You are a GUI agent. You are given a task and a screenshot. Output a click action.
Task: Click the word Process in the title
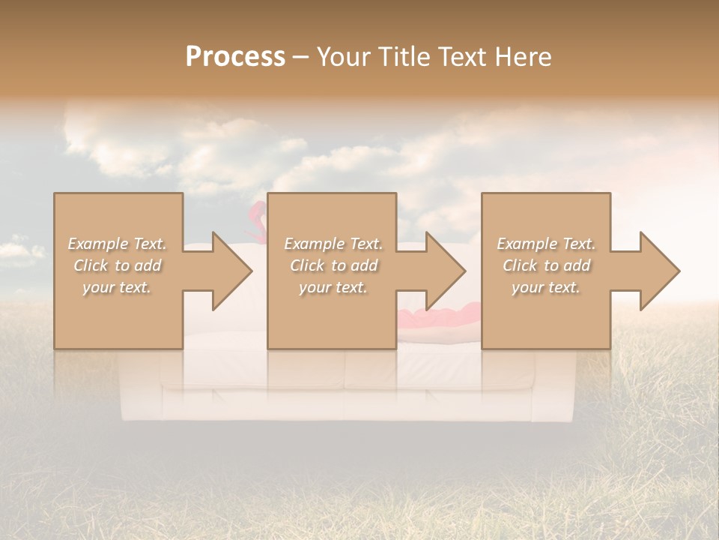(235, 57)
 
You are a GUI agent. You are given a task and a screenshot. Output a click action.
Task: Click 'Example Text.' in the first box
(117, 244)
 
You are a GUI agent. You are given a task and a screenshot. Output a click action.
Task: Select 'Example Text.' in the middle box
(333, 244)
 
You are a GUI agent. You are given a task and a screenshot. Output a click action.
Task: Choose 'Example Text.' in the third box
(546, 244)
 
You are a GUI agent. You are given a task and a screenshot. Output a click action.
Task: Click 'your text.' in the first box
(117, 287)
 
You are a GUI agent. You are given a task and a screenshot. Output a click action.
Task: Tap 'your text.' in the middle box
(333, 287)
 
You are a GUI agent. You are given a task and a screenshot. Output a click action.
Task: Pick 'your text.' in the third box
(546, 287)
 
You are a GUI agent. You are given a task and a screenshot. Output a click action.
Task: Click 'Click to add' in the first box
(117, 265)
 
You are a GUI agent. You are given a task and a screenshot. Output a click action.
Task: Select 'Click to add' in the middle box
(333, 265)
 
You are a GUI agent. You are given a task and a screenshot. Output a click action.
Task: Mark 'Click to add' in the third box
(546, 265)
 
